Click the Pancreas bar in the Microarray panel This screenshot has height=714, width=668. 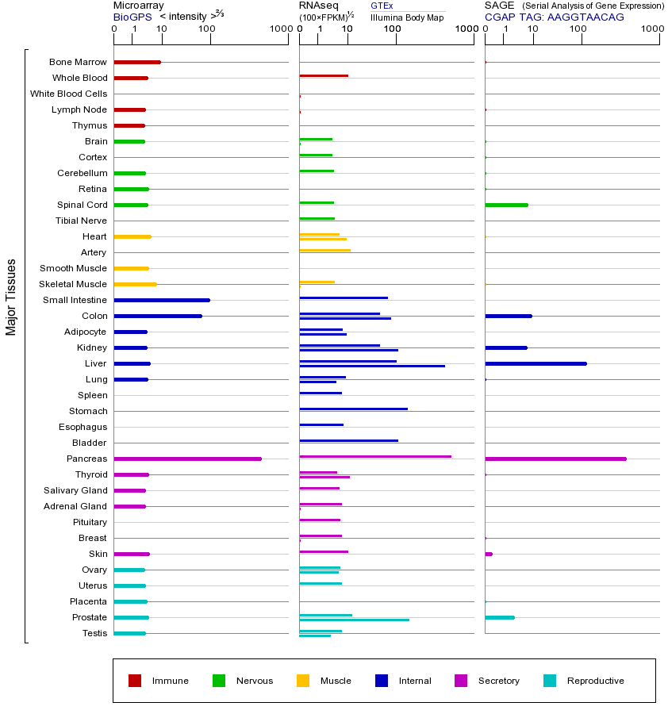click(187, 459)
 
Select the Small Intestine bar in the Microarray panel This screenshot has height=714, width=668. click(162, 300)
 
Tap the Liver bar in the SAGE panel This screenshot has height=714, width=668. click(536, 363)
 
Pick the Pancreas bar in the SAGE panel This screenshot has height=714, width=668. click(555, 459)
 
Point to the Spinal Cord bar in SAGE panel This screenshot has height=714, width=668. click(506, 205)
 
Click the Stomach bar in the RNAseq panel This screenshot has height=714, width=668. click(353, 409)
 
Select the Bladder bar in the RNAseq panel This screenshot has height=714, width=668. click(348, 440)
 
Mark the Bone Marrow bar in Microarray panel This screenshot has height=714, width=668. click(137, 62)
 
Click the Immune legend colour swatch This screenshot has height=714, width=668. click(135, 681)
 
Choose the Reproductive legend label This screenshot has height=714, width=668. click(595, 681)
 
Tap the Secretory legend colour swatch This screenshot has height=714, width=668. click(461, 681)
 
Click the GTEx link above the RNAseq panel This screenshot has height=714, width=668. click(382, 6)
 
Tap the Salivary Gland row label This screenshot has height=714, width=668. click(75, 490)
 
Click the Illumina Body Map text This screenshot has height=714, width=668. click(407, 17)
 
